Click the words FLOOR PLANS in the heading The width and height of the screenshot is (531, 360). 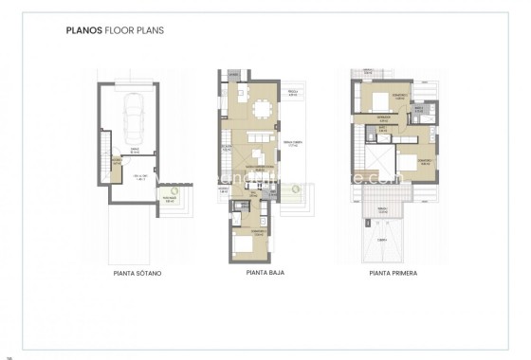tap(135, 30)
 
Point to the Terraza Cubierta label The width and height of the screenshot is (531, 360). tap(293, 145)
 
